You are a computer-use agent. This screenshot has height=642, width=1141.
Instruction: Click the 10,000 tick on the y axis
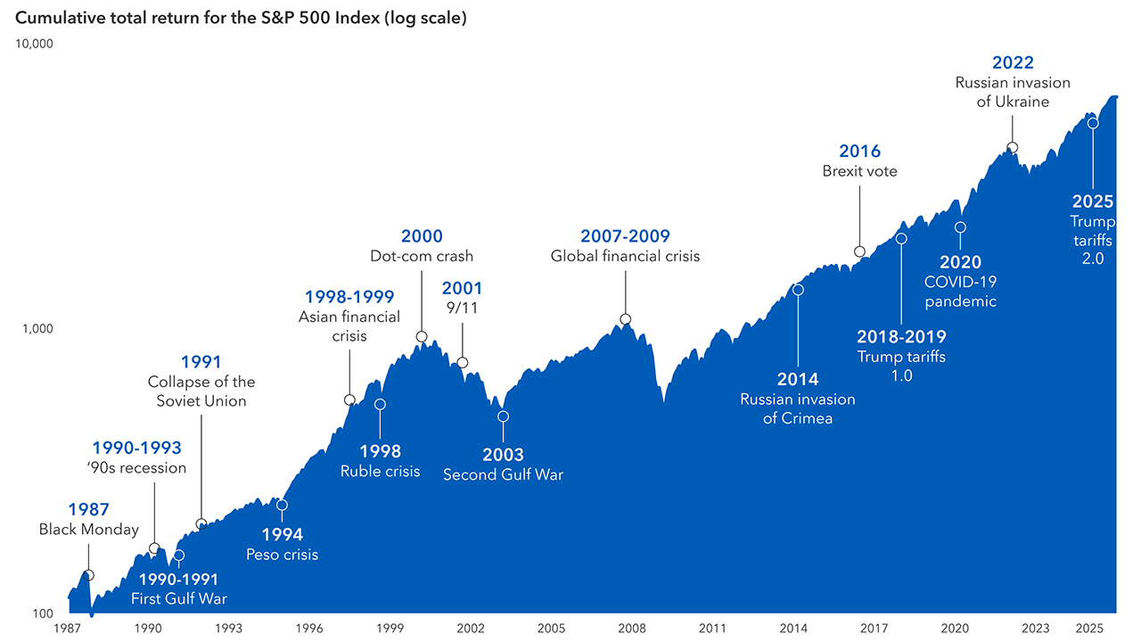pos(36,44)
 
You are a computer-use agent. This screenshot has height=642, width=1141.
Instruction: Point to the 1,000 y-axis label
pos(38,328)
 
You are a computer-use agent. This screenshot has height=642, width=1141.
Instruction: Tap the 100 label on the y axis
pos(43,613)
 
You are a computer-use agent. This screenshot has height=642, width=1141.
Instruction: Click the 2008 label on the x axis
pos(631,629)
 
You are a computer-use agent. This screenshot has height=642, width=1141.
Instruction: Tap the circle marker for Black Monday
pos(88,575)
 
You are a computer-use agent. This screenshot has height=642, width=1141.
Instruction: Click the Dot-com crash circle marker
pos(422,337)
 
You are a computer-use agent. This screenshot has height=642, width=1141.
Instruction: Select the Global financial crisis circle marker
pos(625,319)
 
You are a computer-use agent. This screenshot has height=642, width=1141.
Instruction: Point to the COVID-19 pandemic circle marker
pos(960,227)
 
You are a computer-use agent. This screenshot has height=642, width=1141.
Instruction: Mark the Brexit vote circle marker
pos(859,251)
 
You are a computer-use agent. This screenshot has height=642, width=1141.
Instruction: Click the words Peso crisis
pos(282,555)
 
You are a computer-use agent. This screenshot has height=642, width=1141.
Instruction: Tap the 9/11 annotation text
pos(462,308)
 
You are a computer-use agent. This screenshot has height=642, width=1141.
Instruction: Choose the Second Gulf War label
pos(503,475)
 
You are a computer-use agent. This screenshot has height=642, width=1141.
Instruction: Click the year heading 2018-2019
pos(901,337)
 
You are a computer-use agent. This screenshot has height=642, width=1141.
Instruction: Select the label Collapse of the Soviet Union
pos(201,391)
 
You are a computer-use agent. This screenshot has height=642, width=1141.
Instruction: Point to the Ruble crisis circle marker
pos(380,404)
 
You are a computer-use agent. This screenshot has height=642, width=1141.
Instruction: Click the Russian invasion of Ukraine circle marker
pos(1012,148)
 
